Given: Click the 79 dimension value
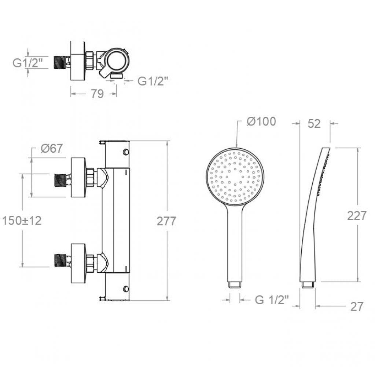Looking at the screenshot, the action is point(97,94).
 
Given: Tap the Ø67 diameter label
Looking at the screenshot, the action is point(52,148).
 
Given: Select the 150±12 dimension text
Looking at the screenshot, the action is point(22,221).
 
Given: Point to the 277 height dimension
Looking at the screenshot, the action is point(166,221).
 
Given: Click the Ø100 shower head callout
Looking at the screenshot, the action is point(261,121).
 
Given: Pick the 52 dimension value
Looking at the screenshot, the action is point(314,124).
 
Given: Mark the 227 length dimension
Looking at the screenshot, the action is point(357,215).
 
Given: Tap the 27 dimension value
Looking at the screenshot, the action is point(357,306).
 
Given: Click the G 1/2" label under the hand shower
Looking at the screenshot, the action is point(272,300).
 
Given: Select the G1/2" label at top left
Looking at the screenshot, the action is point(27,63).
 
